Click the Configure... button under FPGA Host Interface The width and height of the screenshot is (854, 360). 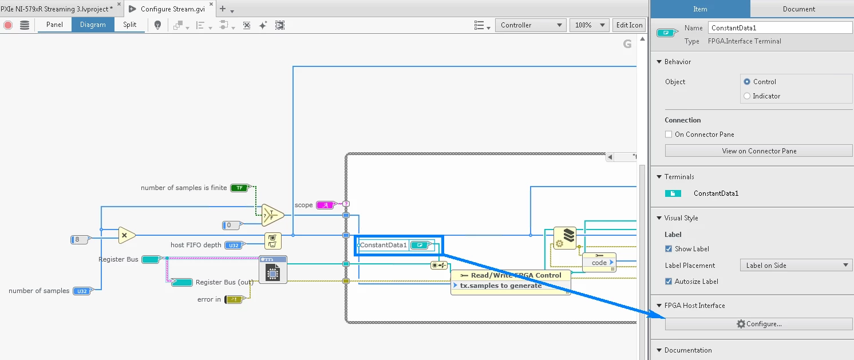[x=758, y=324]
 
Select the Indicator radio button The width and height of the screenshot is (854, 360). [x=747, y=96]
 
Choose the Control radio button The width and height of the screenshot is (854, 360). [x=747, y=82]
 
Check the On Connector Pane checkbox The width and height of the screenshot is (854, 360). [x=669, y=134]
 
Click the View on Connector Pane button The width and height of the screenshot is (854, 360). [x=758, y=151]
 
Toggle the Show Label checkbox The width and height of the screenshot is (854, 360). [x=669, y=249]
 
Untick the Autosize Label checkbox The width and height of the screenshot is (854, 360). [x=669, y=282]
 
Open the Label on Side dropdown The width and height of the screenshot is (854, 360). [x=796, y=266]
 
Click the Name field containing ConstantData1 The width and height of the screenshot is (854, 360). [x=780, y=27]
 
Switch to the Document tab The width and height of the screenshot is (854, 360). [x=799, y=9]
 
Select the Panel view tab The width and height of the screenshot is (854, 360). [x=55, y=25]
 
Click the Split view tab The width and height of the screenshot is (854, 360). [x=130, y=25]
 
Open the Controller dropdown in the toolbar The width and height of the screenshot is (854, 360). [x=531, y=25]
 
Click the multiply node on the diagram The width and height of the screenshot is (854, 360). [x=126, y=235]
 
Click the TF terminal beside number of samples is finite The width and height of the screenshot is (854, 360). [x=239, y=188]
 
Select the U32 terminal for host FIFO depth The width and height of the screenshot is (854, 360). [x=233, y=246]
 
